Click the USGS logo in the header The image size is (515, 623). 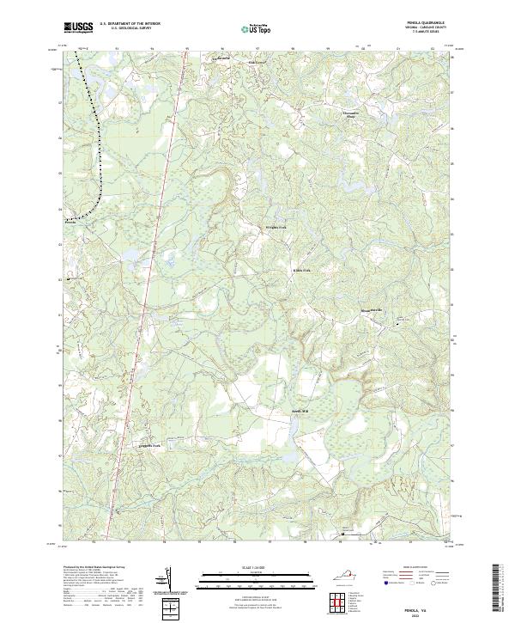pos(78,27)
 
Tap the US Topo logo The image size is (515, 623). pos(257,29)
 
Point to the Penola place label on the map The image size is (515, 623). pos(71,222)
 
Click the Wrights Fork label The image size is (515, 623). pos(274,228)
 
